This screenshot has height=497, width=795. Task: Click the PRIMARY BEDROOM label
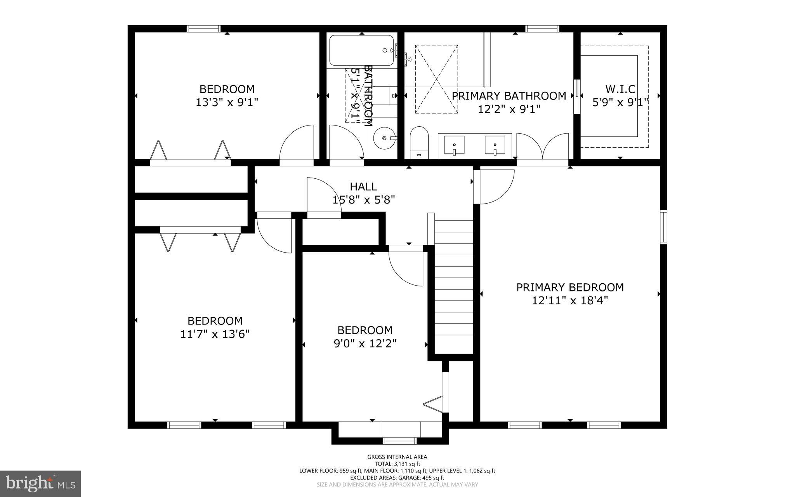click(570, 287)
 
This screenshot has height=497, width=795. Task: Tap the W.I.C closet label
click(620, 89)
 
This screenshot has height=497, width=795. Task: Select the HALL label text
click(363, 187)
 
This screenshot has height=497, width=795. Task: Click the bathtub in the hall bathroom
click(361, 51)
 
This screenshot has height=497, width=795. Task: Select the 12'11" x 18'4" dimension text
click(570, 300)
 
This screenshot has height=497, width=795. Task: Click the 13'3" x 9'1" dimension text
click(227, 102)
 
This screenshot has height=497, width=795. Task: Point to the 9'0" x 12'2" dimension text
click(365, 344)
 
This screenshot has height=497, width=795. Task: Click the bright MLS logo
click(40, 483)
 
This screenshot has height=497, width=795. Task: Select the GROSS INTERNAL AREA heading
click(397, 457)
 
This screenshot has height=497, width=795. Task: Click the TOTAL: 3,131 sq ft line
click(397, 464)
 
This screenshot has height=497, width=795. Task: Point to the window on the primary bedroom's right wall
click(663, 227)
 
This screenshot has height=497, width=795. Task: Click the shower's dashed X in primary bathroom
click(436, 79)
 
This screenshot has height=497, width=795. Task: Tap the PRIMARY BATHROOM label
click(509, 96)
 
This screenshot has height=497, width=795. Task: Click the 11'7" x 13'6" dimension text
click(215, 334)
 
